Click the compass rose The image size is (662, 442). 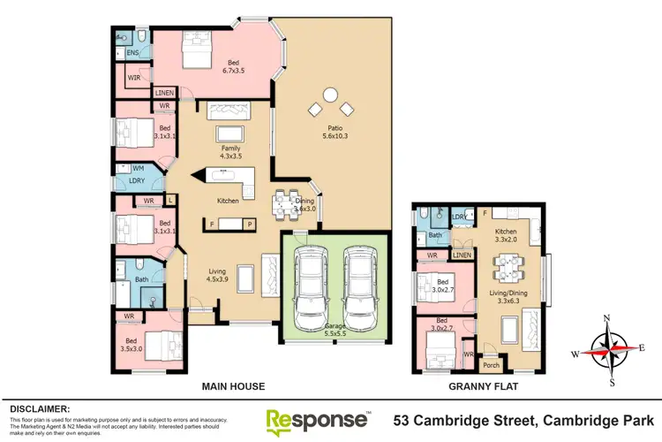coord(607,350)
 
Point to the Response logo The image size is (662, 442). coord(317,418)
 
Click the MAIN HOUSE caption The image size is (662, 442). coord(233,386)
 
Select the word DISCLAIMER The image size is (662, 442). coord(39,408)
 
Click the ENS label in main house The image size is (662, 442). coord(132,54)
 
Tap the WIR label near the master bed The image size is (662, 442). coord(134,78)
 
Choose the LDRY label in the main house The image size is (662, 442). coord(136,180)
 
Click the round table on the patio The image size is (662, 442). coord(329,94)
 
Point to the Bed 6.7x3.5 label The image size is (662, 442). coord(234,67)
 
